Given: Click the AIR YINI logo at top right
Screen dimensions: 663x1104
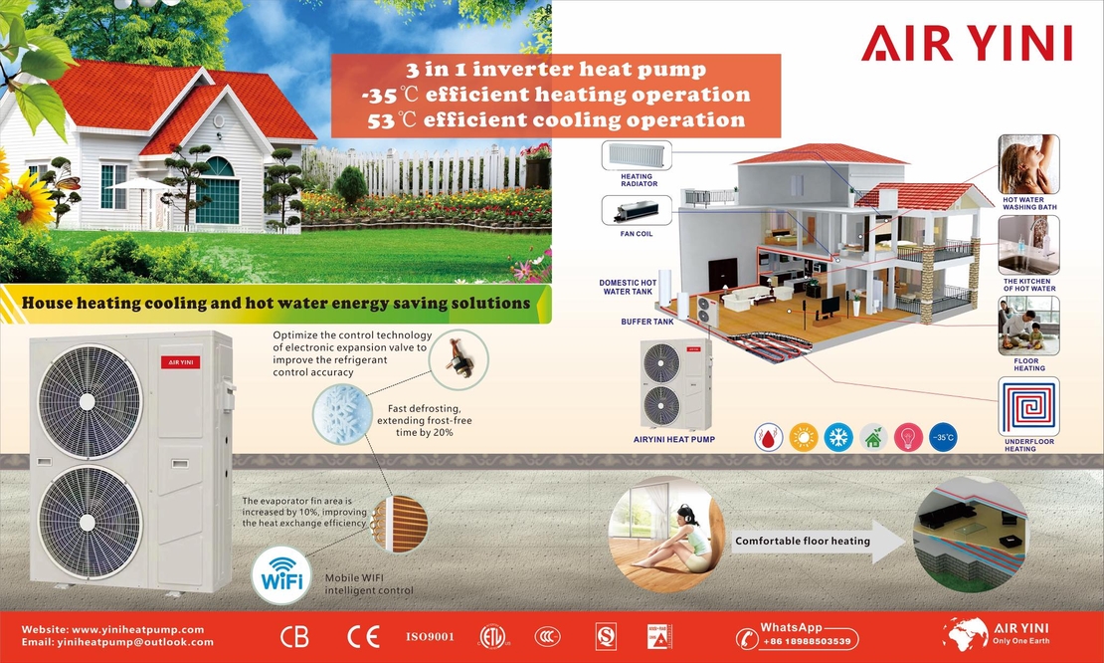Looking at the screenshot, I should tap(967, 43).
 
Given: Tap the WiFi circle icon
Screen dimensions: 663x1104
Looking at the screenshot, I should tap(281, 574).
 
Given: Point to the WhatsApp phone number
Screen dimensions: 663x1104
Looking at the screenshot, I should tap(807, 641).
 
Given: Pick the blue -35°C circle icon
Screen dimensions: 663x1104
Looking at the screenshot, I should tap(943, 437).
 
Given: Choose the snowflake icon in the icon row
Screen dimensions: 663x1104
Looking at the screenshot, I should tap(838, 437).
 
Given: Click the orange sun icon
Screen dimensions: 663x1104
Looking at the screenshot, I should tap(804, 437).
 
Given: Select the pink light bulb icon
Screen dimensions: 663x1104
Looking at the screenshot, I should tap(908, 437).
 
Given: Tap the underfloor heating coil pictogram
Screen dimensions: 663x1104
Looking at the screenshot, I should tap(1028, 406).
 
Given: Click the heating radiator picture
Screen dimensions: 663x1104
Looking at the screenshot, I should tap(636, 155).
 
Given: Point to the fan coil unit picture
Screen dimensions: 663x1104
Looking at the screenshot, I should tap(636, 211).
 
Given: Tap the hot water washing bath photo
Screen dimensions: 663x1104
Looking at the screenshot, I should tap(1028, 164).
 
